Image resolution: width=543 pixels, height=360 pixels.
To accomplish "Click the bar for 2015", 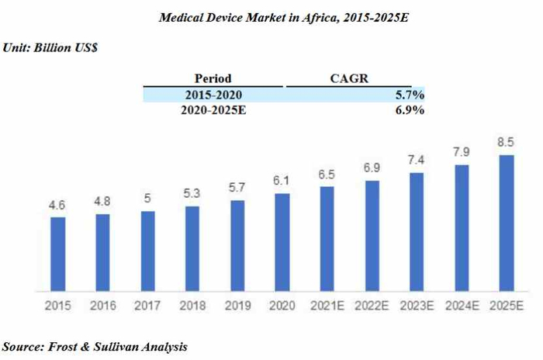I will pos(57,252).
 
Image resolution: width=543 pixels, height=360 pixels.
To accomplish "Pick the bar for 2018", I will pos(192,247).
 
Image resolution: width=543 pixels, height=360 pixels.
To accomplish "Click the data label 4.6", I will pos(57,206).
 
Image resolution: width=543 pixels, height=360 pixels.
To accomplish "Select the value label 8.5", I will pos(507,143).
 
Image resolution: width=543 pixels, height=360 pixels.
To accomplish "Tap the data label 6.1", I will pos(282,182).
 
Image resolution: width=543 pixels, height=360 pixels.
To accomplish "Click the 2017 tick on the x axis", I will pos(147,305).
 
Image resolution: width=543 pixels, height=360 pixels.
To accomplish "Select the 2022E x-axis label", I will pos(372,305).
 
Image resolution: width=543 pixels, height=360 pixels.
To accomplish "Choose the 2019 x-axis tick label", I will pos(237,305).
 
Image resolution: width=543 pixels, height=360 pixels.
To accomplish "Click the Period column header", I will pos(213,78).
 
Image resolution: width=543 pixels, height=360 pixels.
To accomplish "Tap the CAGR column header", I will pos(348,78).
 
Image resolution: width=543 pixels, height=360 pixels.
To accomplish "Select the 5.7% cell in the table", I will pos(409,95).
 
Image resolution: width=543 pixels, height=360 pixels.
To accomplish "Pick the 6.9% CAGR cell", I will pos(409,110).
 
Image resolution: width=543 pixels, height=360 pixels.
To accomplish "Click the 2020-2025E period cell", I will pos(213,110).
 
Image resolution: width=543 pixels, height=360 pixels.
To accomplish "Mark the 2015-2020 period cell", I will pos(213,95).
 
